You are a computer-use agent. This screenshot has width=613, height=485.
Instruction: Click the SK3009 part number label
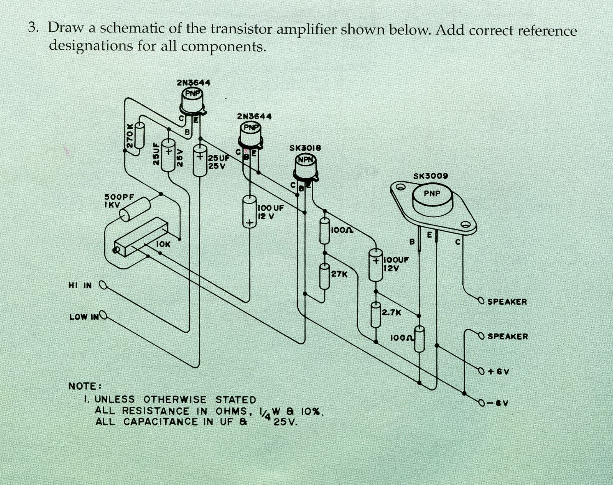click(x=430, y=176)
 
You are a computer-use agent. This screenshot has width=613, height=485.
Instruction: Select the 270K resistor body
click(x=140, y=135)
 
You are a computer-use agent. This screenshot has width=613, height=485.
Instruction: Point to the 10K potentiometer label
click(x=163, y=244)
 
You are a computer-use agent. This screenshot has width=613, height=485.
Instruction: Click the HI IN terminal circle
click(x=104, y=285)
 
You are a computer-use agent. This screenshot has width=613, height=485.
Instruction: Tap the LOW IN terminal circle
click(x=103, y=315)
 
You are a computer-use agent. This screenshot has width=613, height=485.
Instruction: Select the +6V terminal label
click(x=498, y=372)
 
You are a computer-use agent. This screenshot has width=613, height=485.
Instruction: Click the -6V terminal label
click(x=498, y=403)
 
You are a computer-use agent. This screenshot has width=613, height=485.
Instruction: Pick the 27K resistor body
click(x=324, y=277)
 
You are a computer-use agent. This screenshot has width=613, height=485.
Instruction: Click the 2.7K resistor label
click(x=391, y=312)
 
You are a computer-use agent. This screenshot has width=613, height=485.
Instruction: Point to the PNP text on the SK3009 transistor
click(x=432, y=193)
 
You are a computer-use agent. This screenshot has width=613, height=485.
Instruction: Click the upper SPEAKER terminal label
click(x=507, y=301)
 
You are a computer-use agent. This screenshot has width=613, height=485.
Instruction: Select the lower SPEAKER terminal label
click(x=507, y=336)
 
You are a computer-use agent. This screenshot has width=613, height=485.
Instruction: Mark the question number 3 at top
click(x=32, y=28)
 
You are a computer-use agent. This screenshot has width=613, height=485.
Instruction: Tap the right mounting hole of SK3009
click(x=465, y=224)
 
